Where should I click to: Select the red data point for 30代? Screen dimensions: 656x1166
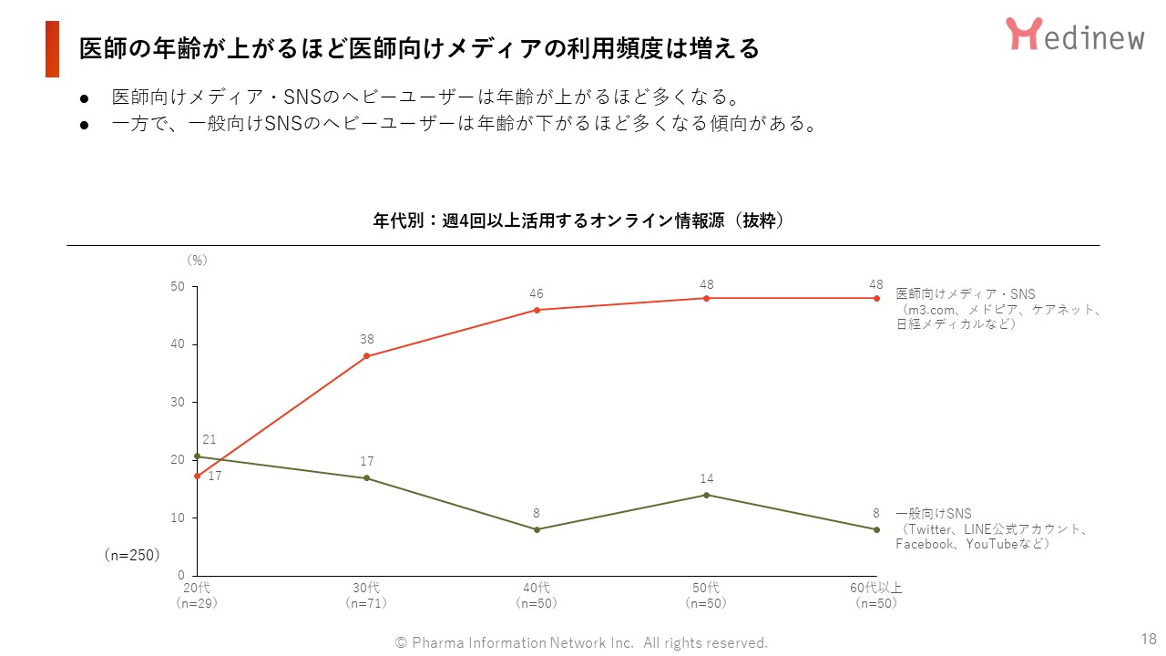(x=366, y=356)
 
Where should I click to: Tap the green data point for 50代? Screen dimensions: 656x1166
(x=707, y=495)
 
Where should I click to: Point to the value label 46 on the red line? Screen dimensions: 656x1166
(x=537, y=293)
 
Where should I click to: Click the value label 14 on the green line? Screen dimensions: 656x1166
(x=707, y=478)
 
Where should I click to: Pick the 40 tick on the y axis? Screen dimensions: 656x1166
(x=177, y=344)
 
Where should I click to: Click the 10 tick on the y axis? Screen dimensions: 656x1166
(x=177, y=518)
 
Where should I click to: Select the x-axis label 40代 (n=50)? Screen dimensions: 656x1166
(x=537, y=595)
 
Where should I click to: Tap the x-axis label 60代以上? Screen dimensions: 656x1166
(x=876, y=588)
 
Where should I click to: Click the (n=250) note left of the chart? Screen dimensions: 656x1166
(x=131, y=554)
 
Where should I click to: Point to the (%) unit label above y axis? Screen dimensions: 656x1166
(x=197, y=260)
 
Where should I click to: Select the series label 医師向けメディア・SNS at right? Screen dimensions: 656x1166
(x=966, y=294)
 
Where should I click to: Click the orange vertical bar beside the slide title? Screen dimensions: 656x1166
(x=52, y=49)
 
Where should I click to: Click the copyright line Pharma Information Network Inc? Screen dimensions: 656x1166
(x=581, y=642)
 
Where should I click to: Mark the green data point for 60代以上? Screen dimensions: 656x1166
(x=876, y=529)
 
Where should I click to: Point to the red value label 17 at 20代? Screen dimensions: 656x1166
(x=214, y=476)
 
